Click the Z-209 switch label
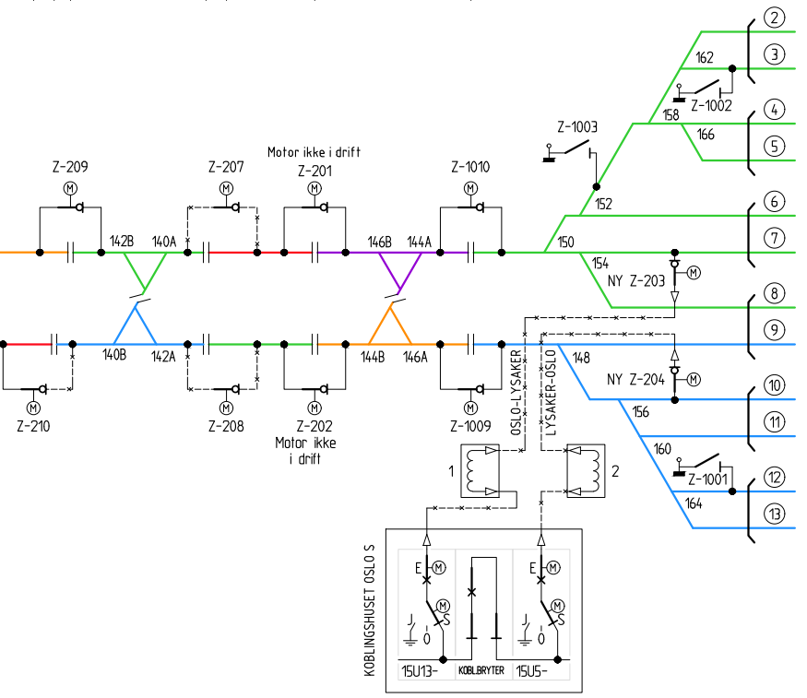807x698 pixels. point(70,167)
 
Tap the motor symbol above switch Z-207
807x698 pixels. point(226,189)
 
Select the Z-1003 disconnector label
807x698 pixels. point(577,126)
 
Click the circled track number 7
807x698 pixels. point(774,238)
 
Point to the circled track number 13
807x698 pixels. point(774,514)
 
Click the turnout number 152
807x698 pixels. point(604,204)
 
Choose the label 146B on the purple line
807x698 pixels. point(379,242)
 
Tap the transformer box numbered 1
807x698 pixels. point(480,470)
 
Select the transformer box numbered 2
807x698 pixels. point(586,470)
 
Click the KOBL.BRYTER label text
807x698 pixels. point(481,670)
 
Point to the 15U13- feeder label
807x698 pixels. point(420,671)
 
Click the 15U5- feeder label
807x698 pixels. point(531,671)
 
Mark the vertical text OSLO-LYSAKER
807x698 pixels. point(516,393)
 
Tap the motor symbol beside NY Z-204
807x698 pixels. point(694,380)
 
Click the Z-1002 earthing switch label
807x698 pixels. point(711,105)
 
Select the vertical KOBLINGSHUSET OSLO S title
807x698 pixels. point(370,610)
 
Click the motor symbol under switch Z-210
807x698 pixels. point(33,408)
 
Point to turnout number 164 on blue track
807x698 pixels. point(694,503)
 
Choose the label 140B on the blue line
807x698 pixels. point(114,355)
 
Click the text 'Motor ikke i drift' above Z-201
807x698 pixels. point(314,152)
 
